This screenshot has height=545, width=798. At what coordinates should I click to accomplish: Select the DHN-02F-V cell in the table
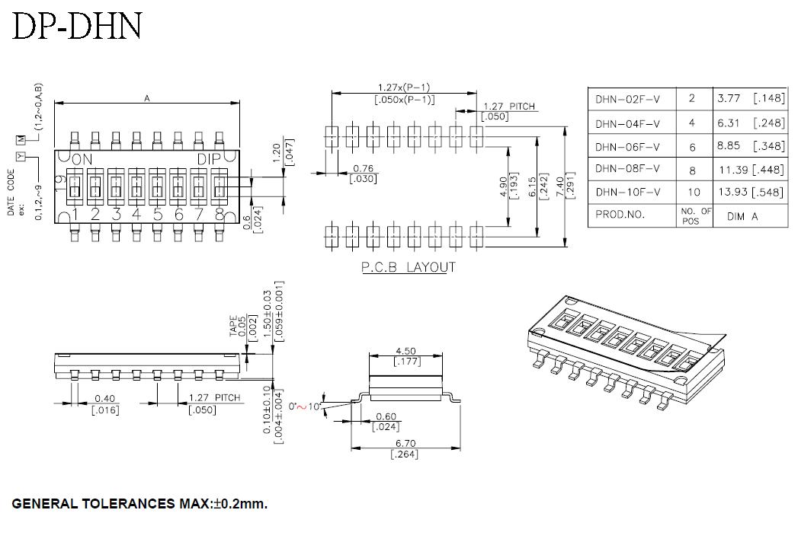point(627,99)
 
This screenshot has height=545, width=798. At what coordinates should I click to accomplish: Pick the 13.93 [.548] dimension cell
point(751,192)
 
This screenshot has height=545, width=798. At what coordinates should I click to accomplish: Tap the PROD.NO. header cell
point(620,215)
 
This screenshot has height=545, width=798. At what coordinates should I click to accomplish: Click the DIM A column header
point(742,217)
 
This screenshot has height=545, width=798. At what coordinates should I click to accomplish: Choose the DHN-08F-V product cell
point(627,169)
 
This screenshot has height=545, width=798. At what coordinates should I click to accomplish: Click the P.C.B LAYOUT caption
point(409,267)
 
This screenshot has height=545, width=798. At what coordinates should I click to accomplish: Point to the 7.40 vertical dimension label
point(560,186)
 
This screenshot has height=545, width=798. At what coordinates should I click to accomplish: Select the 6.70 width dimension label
point(405,444)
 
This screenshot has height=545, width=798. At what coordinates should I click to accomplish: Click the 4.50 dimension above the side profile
point(405,351)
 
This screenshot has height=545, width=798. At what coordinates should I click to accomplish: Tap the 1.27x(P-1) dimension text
point(404,88)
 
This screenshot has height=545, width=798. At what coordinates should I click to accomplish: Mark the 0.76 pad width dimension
point(363,168)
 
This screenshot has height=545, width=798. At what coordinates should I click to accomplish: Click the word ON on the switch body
point(82,159)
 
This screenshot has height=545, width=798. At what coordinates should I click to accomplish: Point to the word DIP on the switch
point(209,159)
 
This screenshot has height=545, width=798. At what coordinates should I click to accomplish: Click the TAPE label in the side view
point(233,326)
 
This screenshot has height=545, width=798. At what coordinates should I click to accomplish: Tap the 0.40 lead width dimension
point(105,399)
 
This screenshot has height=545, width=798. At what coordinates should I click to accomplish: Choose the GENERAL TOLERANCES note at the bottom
point(139,504)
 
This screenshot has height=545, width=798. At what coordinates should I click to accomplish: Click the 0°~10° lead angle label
point(304,406)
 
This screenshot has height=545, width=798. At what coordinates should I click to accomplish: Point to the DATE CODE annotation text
point(11,192)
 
